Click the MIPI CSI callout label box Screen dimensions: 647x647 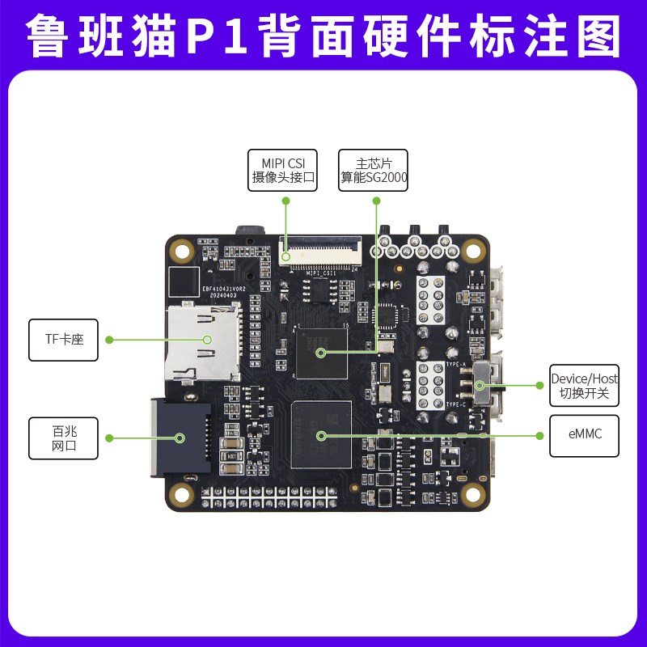(282, 170)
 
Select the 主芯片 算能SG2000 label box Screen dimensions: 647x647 (374, 170)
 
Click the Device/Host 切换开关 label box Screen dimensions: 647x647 (584, 386)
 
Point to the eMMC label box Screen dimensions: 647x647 (584, 434)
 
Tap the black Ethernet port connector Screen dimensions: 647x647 (180, 438)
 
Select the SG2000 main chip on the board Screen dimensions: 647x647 (322, 353)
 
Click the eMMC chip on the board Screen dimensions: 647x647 (322, 434)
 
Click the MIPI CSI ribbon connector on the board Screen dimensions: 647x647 (321, 252)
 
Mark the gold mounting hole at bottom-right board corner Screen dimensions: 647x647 (472, 490)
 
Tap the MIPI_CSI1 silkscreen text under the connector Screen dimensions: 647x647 (321, 273)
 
